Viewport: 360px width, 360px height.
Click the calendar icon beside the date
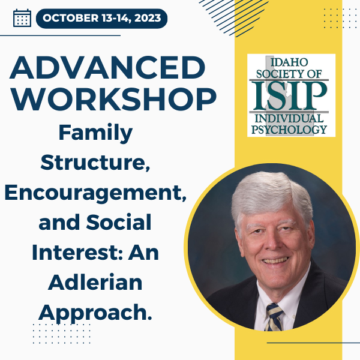22,18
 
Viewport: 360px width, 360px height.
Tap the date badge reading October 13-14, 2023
101,19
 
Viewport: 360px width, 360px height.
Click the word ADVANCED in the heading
107,67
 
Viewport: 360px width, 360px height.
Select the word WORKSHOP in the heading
113,99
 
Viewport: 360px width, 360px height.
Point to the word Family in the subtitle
95,133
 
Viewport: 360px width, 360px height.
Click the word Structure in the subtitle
94,163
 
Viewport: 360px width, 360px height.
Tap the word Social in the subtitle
119,222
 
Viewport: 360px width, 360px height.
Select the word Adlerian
95,282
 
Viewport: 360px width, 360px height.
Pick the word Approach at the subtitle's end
93,313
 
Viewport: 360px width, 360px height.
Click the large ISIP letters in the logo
289,96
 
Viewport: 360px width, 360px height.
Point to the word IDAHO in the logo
289,62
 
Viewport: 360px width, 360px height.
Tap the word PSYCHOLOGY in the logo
289,130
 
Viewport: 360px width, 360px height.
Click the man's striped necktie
274,317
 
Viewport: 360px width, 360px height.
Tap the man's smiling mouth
275,260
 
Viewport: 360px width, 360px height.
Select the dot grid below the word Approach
62,334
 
